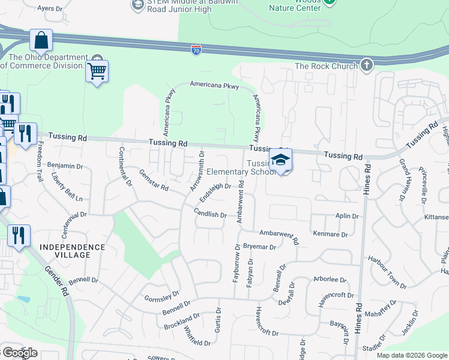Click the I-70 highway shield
point(196,50)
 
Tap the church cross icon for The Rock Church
point(366,65)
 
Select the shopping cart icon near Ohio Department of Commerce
point(97,72)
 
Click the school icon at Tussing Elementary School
point(280,160)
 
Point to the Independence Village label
point(73,251)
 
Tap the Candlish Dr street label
point(210,214)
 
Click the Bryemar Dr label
point(260,247)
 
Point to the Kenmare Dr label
point(330,234)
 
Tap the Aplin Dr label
point(347,216)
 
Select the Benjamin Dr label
point(65,166)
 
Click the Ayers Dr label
point(50,9)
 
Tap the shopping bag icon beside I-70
point(41,41)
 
